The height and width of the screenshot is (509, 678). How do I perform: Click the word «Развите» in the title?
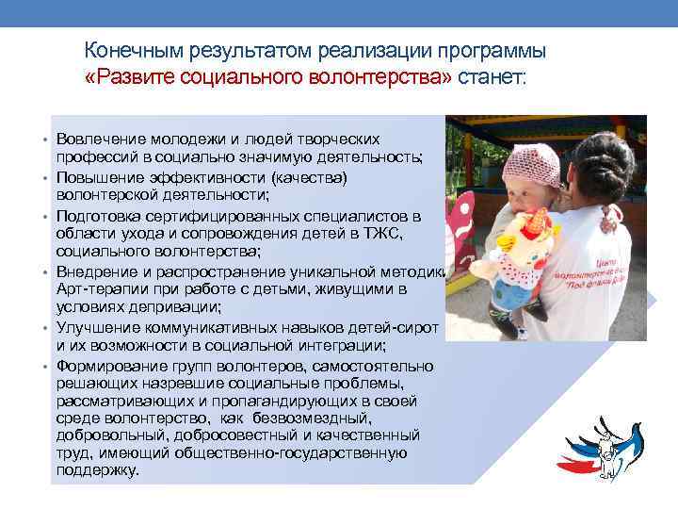click(133, 76)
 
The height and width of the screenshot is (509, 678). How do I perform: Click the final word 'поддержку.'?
click(98, 470)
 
